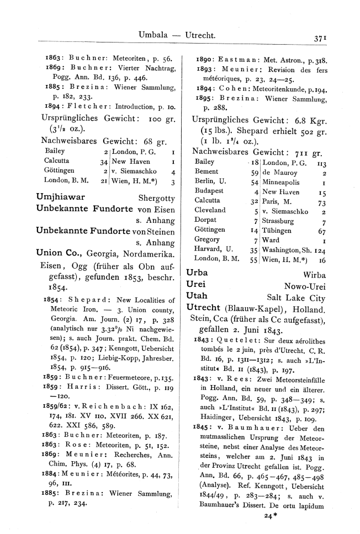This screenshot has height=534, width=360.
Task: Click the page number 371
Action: pos(321,38)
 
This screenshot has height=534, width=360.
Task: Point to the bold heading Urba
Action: pos(197,273)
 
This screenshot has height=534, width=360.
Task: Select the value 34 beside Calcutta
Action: pos(103,161)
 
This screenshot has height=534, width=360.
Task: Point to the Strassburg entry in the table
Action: pos(281,220)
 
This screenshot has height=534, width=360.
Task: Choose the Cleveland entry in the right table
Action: pos(210,210)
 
